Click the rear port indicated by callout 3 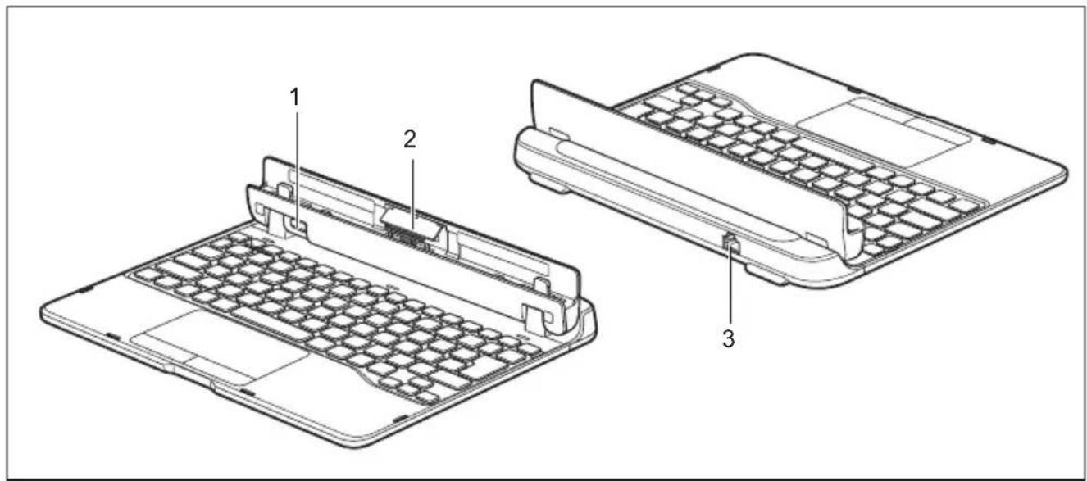[x=730, y=242]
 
